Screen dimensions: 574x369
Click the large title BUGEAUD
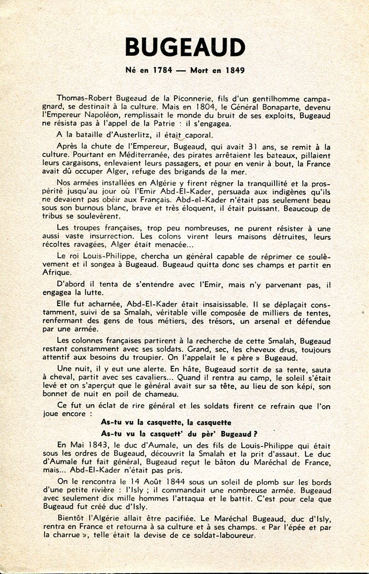(185, 47)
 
